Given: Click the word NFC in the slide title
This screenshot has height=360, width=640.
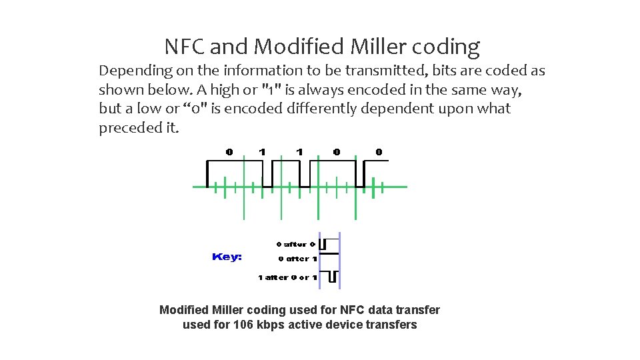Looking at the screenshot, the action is click(x=186, y=47).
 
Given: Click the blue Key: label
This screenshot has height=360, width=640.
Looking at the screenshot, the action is click(x=227, y=257).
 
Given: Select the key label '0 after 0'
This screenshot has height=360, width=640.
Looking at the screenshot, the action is click(x=295, y=244).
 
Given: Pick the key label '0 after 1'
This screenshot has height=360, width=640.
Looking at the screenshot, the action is click(x=297, y=259).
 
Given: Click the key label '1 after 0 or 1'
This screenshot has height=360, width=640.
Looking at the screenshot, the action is click(x=288, y=277).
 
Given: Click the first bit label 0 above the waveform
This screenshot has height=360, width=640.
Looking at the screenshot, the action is click(x=229, y=152).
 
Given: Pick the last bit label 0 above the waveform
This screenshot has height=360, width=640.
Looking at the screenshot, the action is click(x=379, y=152).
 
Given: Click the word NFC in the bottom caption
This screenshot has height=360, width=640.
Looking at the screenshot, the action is click(x=353, y=310).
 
